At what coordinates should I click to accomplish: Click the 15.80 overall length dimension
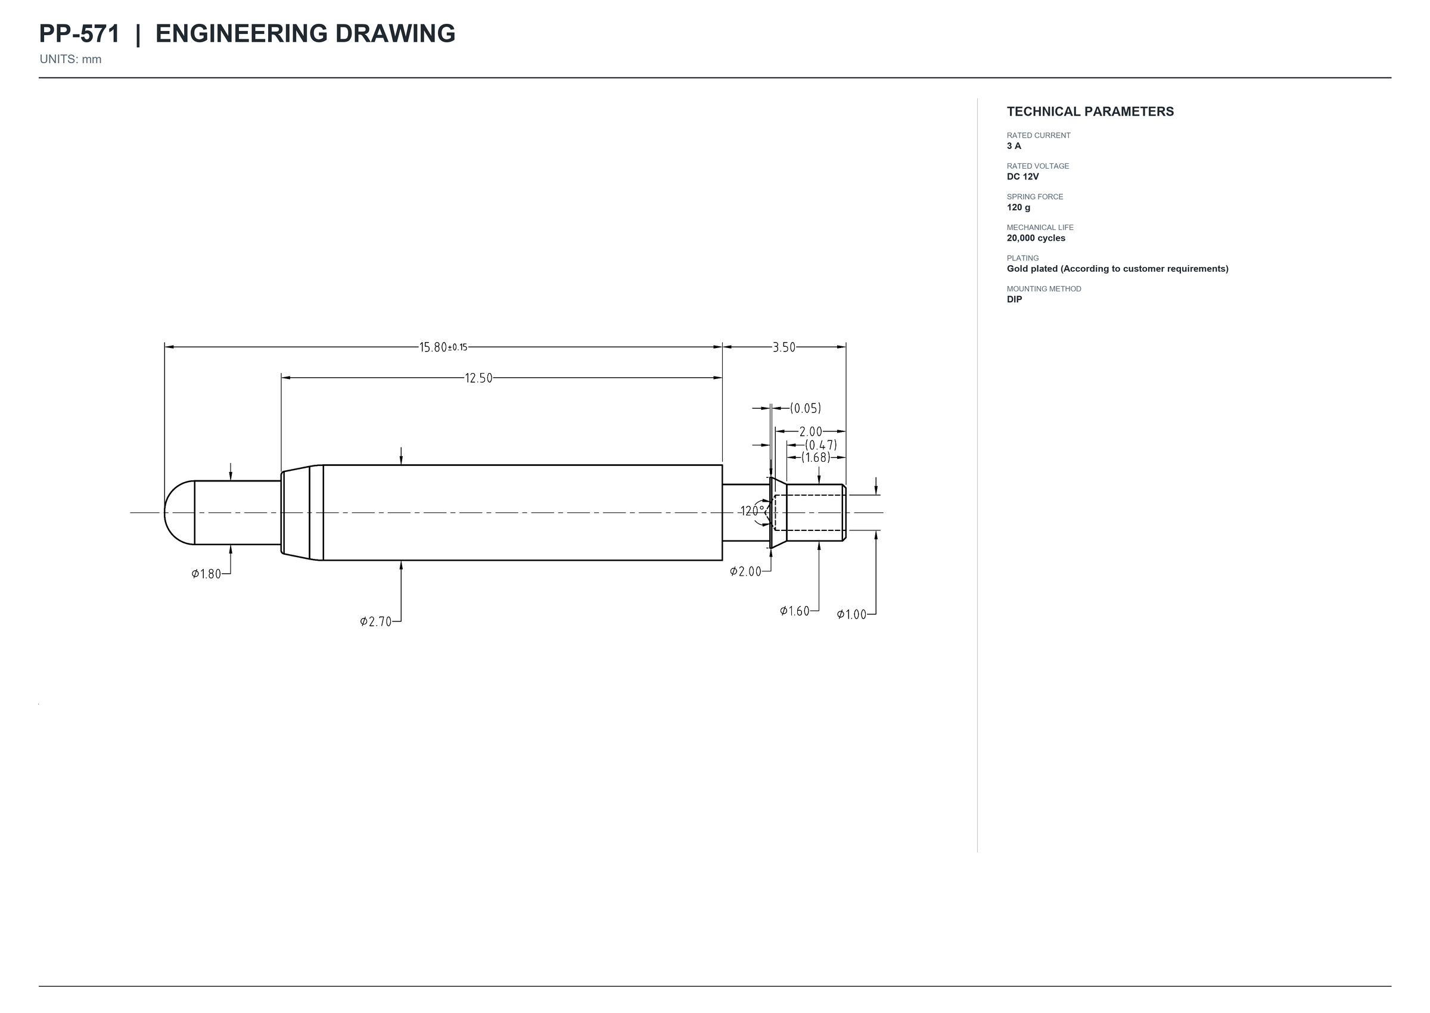pyautogui.click(x=443, y=347)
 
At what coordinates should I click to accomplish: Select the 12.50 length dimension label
pyautogui.click(x=478, y=378)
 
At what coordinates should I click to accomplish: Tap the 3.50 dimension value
pyautogui.click(x=784, y=347)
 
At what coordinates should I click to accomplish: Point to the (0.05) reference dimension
pyautogui.click(x=806, y=408)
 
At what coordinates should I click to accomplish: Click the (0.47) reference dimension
pyautogui.click(x=820, y=445)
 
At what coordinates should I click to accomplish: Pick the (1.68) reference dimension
pyautogui.click(x=816, y=457)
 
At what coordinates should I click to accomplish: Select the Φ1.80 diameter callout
pyautogui.click(x=206, y=574)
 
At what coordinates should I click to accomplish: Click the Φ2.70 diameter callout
pyautogui.click(x=376, y=622)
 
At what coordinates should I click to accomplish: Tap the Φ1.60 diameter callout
pyautogui.click(x=794, y=611)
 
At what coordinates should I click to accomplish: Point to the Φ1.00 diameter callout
pyautogui.click(x=852, y=614)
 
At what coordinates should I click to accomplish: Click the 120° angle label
pyautogui.click(x=752, y=511)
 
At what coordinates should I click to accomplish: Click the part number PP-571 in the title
pyautogui.click(x=79, y=34)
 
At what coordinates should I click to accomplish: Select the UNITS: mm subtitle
pyautogui.click(x=70, y=59)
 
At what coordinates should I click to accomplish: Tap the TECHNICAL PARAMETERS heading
pyautogui.click(x=1090, y=111)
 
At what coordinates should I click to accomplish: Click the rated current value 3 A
pyautogui.click(x=1014, y=146)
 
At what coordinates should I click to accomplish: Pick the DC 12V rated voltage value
pyautogui.click(x=1023, y=176)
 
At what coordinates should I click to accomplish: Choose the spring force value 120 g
pyautogui.click(x=1018, y=207)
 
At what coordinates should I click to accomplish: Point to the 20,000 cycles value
pyautogui.click(x=1036, y=238)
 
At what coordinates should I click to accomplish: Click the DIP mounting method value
pyautogui.click(x=1014, y=299)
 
